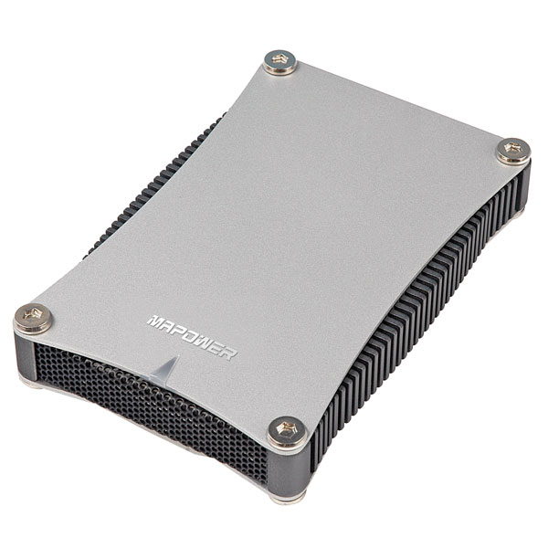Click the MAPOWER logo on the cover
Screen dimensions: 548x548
(192, 338)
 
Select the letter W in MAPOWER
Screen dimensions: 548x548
(207, 344)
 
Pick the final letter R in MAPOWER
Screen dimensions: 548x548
(230, 354)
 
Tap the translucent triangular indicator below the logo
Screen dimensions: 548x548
(165, 369)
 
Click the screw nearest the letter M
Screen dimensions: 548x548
(33, 319)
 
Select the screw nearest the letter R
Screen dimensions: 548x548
(288, 432)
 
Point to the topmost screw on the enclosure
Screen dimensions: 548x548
(280, 62)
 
